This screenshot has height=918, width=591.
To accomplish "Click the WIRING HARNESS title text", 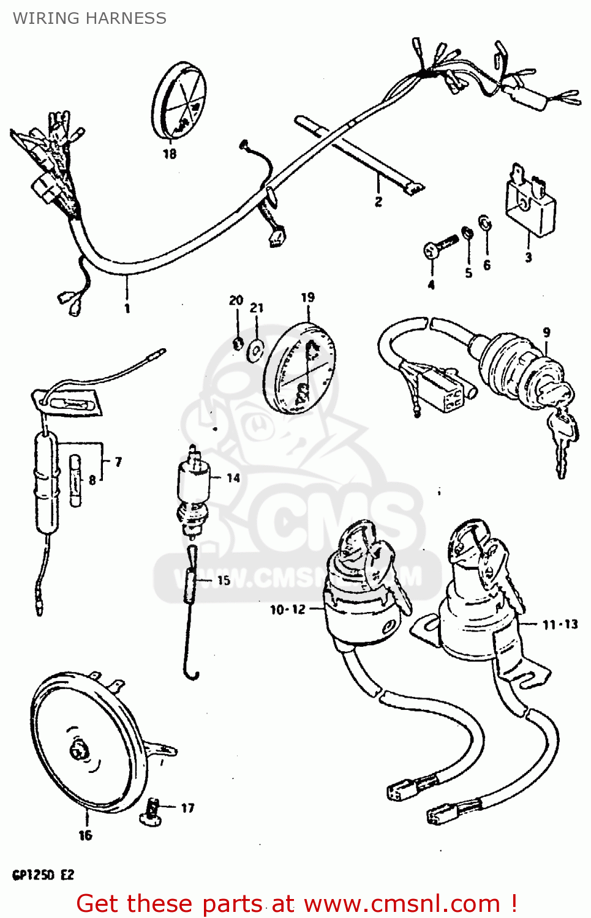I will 89,18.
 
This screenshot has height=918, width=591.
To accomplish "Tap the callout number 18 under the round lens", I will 170,154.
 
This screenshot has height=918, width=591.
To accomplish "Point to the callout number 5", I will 469,273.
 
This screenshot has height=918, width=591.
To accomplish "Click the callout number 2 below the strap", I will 378,201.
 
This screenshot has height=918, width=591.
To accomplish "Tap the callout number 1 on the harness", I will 127,308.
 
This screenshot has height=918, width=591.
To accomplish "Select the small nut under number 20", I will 238,343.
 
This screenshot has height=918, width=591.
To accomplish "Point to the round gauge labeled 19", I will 300,368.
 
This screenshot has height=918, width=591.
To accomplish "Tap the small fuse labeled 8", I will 75,480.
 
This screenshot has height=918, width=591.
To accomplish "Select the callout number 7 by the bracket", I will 118,462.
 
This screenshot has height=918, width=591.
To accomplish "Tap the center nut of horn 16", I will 78,750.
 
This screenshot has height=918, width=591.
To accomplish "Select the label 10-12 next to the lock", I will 287,610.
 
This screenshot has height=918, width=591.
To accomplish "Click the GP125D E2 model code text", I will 43,875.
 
